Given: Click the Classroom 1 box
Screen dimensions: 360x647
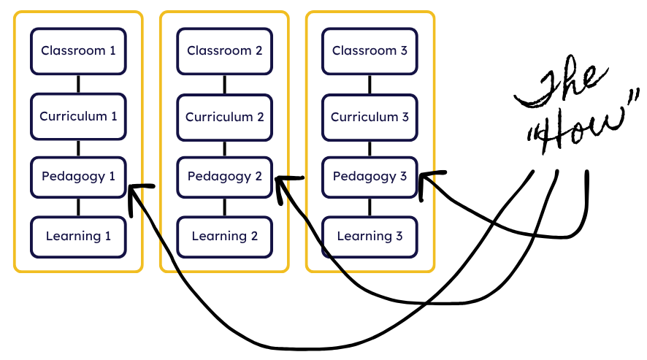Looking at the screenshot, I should click(x=78, y=51).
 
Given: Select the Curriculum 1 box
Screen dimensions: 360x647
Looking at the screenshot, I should click(x=78, y=116).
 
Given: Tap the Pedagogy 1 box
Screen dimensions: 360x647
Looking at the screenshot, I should click(x=78, y=176).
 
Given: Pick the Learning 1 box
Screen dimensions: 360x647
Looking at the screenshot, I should click(x=78, y=236).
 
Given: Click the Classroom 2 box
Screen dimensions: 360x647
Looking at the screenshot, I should click(x=224, y=51).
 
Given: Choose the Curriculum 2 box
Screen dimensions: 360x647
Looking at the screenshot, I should click(x=224, y=117).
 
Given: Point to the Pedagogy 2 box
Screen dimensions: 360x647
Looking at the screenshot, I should click(x=224, y=177).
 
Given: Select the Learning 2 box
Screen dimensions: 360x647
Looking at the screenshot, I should click(x=224, y=236).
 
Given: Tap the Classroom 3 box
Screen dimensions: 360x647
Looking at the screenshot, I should click(x=370, y=51).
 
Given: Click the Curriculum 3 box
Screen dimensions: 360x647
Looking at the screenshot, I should click(x=370, y=117).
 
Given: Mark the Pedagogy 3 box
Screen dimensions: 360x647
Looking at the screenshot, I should click(x=370, y=177).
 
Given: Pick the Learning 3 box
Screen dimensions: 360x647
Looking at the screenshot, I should click(x=370, y=236).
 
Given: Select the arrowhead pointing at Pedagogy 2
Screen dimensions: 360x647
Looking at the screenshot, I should click(x=283, y=183).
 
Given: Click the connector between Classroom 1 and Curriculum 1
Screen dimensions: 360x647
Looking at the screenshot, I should click(x=78, y=83).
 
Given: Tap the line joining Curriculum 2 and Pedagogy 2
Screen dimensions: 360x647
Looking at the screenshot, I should click(x=224, y=147).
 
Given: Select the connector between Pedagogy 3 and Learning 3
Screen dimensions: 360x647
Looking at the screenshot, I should click(x=370, y=207).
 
